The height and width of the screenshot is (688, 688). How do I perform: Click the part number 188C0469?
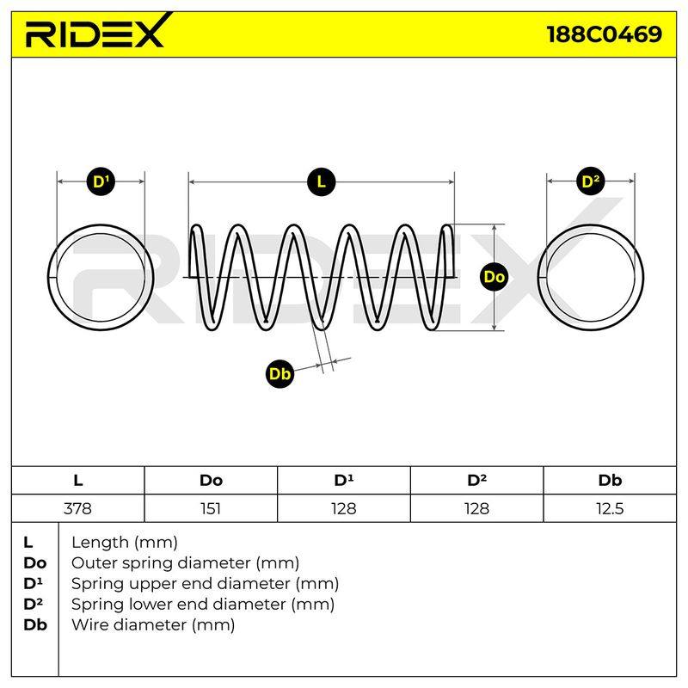pos(605,34)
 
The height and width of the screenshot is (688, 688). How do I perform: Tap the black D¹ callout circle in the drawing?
pos(101,181)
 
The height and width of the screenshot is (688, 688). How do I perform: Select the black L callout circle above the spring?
pos(321,181)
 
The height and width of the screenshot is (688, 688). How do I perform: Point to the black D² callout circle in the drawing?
pos(590,181)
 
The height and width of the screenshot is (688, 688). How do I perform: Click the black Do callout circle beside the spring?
pos(494,277)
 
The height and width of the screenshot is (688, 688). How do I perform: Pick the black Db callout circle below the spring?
pos(280,374)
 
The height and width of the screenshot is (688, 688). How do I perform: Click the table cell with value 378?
pos(77,508)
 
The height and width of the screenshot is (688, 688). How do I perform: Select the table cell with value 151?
pos(211,508)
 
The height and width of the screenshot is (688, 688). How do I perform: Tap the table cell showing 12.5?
pos(610,508)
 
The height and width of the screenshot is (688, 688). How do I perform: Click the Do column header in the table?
pos(211,481)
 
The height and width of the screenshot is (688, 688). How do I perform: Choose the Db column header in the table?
pos(610,481)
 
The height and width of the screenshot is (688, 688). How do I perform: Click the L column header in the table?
pos(77,481)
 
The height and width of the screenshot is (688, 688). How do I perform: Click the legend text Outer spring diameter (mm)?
pos(185,563)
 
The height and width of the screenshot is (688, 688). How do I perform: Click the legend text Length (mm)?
pos(125,543)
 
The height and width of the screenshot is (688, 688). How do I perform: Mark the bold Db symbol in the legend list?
pos(35,625)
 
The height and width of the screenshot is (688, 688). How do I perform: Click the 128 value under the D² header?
pos(476,508)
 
